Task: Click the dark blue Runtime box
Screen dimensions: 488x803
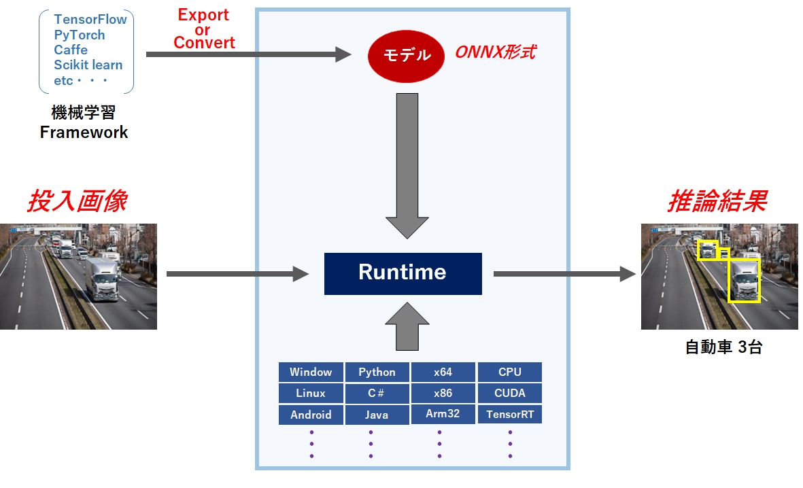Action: (403, 273)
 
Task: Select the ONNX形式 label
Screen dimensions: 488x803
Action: (494, 53)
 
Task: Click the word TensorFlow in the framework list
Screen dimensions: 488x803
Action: (90, 19)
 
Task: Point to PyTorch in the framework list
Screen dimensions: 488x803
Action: (80, 35)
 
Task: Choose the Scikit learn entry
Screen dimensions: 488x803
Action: (88, 65)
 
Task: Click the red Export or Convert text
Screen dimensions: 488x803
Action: (203, 29)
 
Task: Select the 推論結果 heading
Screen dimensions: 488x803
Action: (717, 201)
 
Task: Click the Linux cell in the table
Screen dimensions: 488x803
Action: (311, 394)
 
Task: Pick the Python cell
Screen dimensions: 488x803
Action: (377, 372)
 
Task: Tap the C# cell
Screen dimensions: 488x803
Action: (377, 394)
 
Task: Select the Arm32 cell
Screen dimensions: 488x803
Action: (443, 414)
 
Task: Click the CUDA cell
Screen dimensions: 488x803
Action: (509, 394)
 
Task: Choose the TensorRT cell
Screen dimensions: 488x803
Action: (509, 415)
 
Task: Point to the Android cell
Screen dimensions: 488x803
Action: (311, 415)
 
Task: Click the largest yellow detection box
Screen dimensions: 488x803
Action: (744, 280)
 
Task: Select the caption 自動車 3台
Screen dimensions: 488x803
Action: (723, 347)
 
